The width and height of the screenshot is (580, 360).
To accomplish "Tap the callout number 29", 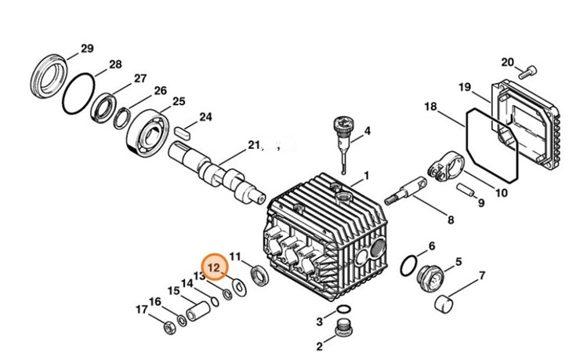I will pyautogui.click(x=86, y=49).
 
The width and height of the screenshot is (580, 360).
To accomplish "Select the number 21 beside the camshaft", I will pyautogui.click(x=253, y=144).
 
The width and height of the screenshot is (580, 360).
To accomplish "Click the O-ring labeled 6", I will pyautogui.click(x=408, y=266).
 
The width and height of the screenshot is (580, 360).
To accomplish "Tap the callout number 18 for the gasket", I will pyautogui.click(x=430, y=107).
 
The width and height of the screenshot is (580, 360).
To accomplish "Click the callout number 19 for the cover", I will pyautogui.click(x=464, y=87).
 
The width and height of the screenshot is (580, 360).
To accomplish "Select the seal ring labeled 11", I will pyautogui.click(x=259, y=275).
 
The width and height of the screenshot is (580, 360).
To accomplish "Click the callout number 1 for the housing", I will pyautogui.click(x=365, y=176).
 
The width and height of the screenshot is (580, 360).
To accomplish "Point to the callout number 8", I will pyautogui.click(x=450, y=220).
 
